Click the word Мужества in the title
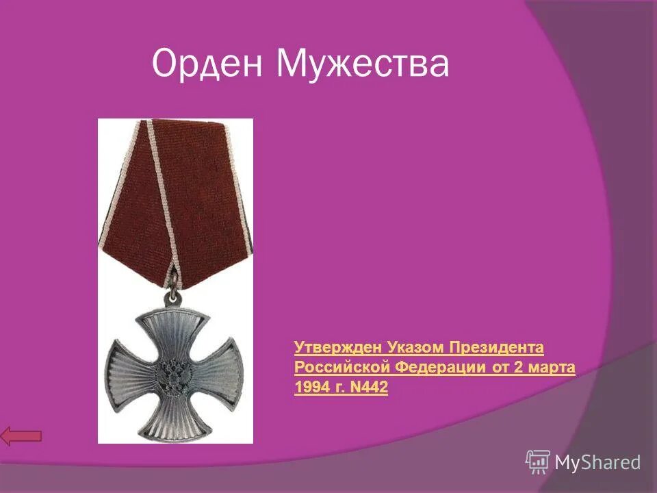pyautogui.click(x=363, y=64)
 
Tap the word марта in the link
pyautogui.click(x=552, y=368)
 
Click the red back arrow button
pyautogui.click(x=21, y=435)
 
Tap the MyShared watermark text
pyautogui.click(x=597, y=463)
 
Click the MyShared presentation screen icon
pyautogui.click(x=538, y=462)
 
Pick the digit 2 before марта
pyautogui.click(x=518, y=368)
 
